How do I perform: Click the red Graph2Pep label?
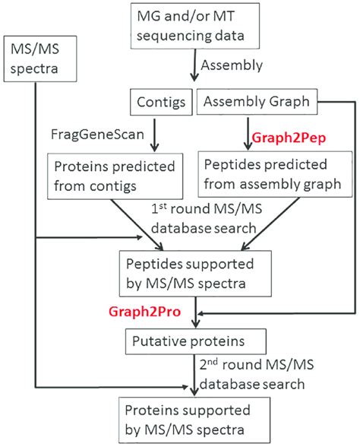click(277, 137)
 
